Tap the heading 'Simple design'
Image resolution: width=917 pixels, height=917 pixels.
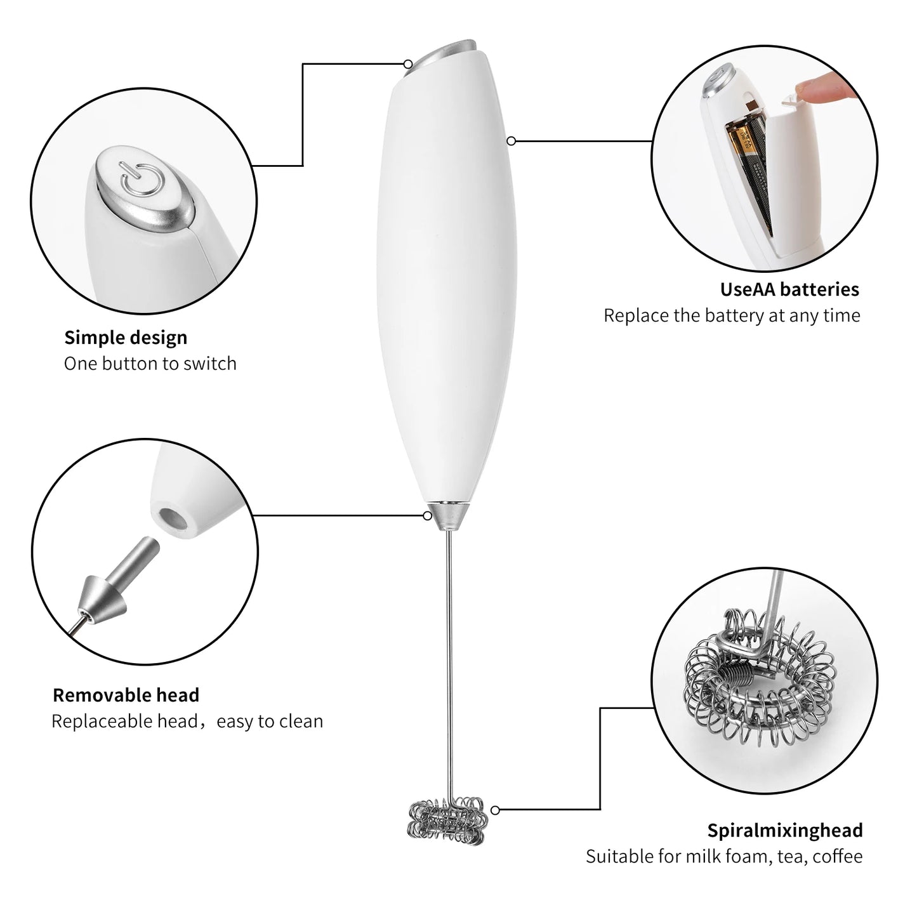click(x=126, y=338)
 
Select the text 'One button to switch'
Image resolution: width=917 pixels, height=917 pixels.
click(x=150, y=364)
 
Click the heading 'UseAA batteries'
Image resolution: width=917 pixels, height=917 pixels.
click(x=789, y=289)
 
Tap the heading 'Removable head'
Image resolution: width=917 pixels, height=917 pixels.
click(x=126, y=695)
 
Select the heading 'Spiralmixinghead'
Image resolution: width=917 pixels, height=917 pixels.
click(x=784, y=830)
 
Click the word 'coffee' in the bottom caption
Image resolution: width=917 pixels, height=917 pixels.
click(x=837, y=856)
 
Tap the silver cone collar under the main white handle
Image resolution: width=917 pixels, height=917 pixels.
click(x=450, y=515)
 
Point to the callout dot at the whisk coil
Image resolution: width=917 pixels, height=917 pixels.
click(x=495, y=810)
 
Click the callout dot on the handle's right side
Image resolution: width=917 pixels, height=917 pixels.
click(x=511, y=141)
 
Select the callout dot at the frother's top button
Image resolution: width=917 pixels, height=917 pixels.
click(x=408, y=63)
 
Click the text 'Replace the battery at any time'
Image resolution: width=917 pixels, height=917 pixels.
click(x=731, y=315)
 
